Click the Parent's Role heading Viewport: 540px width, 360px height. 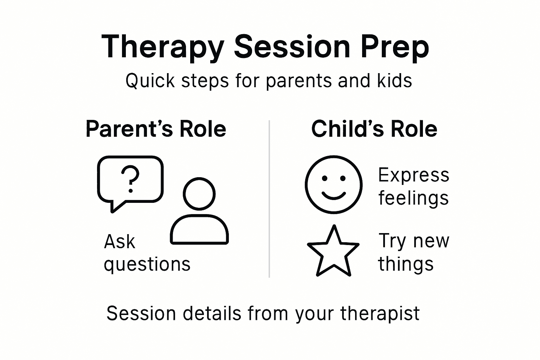click(x=156, y=129)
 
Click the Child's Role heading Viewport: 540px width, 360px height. click(x=374, y=129)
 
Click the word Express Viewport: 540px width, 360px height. click(x=413, y=175)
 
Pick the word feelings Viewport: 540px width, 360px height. click(x=413, y=198)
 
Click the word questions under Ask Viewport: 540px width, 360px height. click(x=147, y=264)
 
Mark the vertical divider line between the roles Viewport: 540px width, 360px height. click(x=269, y=199)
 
